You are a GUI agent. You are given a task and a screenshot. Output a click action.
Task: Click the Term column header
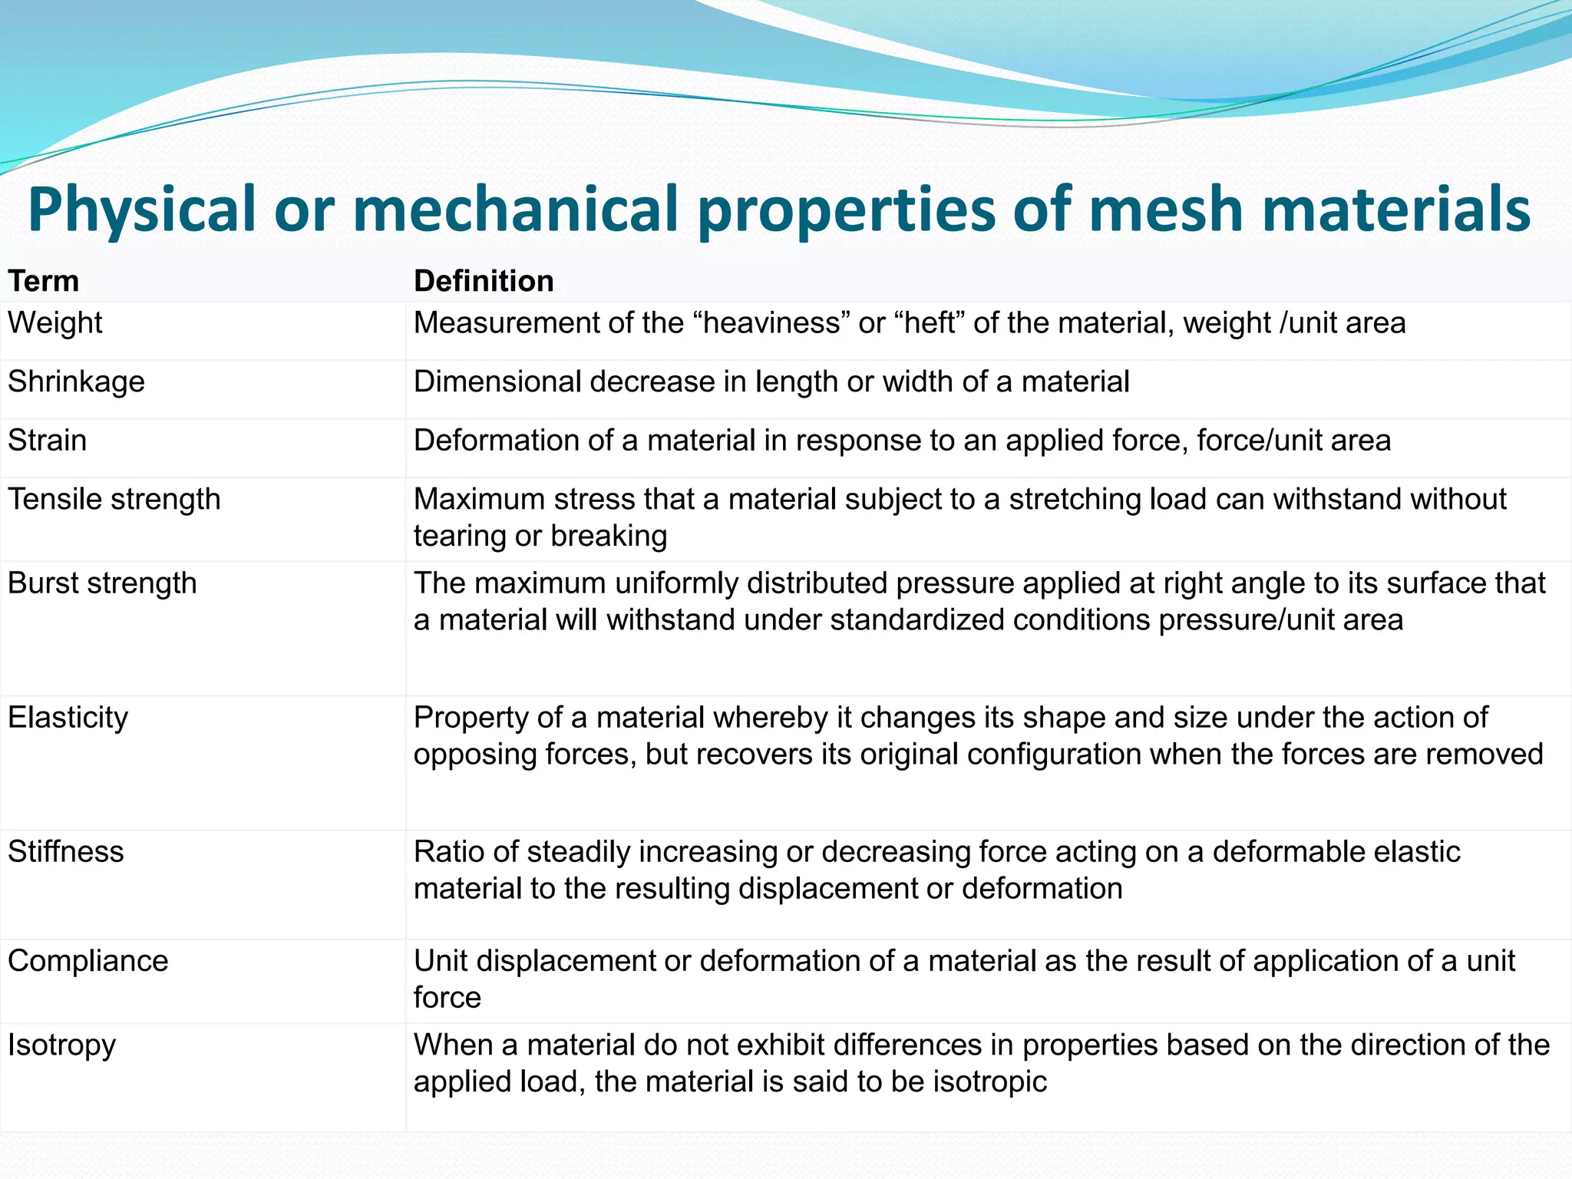coord(44,282)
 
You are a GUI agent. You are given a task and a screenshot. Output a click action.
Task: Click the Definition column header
coord(484,282)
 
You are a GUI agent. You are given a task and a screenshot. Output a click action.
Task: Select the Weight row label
coord(55,323)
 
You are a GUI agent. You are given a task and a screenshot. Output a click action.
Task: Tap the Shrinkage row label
coord(76,382)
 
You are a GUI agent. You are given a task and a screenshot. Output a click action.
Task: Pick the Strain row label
coord(48,441)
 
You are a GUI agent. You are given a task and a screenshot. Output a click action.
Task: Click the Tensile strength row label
coord(114,500)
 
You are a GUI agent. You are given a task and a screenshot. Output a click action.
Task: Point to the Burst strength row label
coord(102,583)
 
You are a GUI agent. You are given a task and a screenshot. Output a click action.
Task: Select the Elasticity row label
coord(68,718)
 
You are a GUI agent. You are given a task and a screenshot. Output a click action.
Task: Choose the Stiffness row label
coord(66,852)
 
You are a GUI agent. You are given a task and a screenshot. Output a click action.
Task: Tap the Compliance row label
coord(88,961)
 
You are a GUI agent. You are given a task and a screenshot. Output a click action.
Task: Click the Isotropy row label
coord(62,1045)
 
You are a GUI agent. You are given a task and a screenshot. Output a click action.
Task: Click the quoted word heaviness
coord(772,323)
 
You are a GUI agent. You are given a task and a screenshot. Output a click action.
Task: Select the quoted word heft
coord(929,323)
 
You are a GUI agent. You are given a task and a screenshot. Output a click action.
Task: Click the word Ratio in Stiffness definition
coord(448,852)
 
